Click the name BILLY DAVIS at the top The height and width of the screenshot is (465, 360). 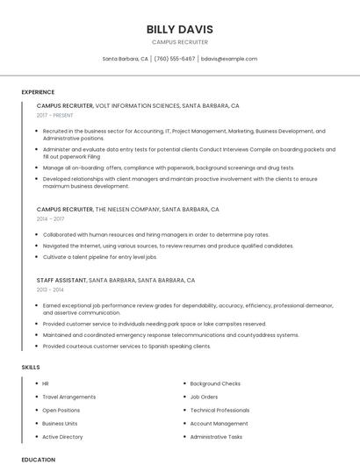pos(179,29)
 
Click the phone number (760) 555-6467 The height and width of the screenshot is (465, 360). pos(176,59)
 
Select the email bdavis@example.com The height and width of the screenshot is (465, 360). pos(229,59)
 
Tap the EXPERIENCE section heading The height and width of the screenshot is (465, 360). pos(38,92)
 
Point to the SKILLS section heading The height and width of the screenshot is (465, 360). pos(31,367)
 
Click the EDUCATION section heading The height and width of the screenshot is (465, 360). pos(38,459)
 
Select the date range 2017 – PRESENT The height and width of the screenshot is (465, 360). pos(55,115)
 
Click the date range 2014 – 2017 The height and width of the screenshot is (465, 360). pos(51,219)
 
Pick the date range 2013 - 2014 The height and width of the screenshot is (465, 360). pos(50,289)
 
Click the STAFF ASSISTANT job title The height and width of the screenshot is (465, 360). pos(61,280)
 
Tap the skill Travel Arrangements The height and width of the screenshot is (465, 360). pos(69,397)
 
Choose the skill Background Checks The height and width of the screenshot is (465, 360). pos(215,383)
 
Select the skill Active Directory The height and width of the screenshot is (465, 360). pos(62,436)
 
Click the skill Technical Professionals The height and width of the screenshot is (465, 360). pos(220,410)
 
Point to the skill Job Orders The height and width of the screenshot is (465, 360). pos(204,397)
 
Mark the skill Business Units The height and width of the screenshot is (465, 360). pos(60,423)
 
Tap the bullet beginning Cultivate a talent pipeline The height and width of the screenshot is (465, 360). pos(99,257)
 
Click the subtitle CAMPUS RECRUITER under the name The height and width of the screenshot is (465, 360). pos(179,41)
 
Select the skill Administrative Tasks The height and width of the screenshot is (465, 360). pos(216,436)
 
